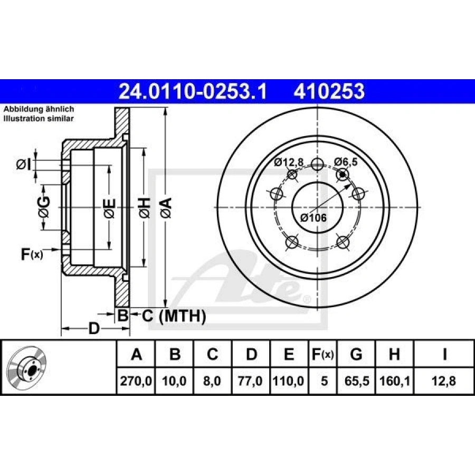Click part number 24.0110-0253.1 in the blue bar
tap(193, 91)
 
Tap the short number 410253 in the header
tap(329, 91)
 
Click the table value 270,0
tap(136, 381)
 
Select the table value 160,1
tap(394, 381)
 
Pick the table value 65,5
tap(357, 381)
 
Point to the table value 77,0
tap(250, 381)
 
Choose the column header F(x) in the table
tap(323, 354)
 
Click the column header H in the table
tap(394, 354)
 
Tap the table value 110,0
tap(288, 381)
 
